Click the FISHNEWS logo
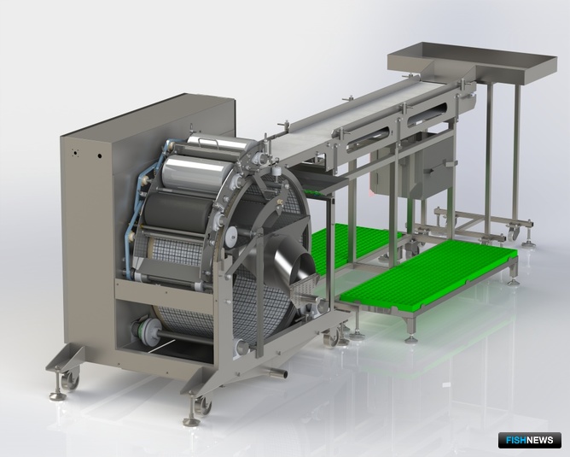(x=530, y=440)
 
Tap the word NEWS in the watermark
(x=540, y=440)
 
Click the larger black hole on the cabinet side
(x=99, y=156)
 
